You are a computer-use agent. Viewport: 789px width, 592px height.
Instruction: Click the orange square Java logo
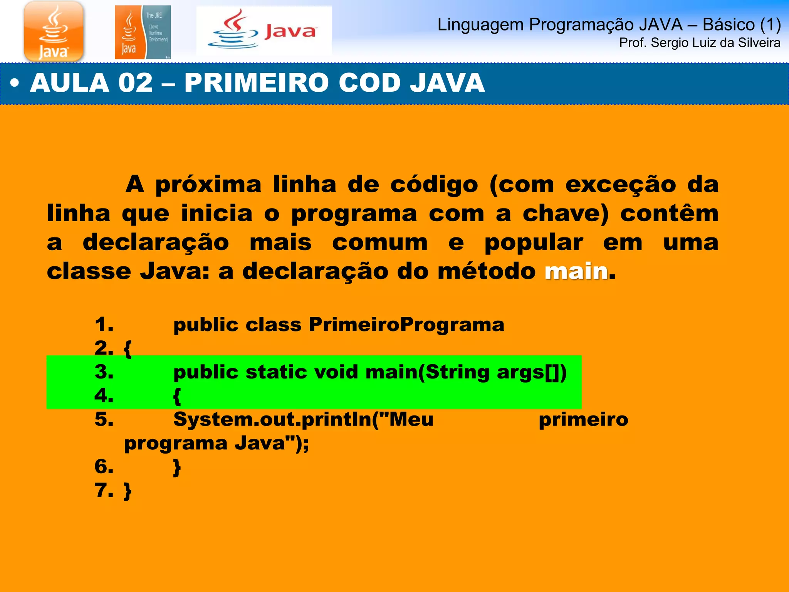54,31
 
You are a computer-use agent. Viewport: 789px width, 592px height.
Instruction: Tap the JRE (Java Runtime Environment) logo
143,32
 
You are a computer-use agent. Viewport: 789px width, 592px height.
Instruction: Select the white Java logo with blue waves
264,31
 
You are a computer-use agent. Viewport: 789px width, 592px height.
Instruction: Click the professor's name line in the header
699,43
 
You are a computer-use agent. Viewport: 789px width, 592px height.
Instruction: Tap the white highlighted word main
576,271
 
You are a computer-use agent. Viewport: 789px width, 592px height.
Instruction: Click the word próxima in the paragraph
208,185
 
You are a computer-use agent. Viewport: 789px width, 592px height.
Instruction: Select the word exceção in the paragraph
620,185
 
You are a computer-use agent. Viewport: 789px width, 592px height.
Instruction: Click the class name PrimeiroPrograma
406,325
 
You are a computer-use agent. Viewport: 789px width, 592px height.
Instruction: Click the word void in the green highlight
336,372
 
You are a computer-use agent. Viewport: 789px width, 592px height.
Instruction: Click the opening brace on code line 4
177,396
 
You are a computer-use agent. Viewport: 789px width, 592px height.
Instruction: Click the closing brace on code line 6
177,468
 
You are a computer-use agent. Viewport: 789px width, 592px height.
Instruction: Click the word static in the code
277,372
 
